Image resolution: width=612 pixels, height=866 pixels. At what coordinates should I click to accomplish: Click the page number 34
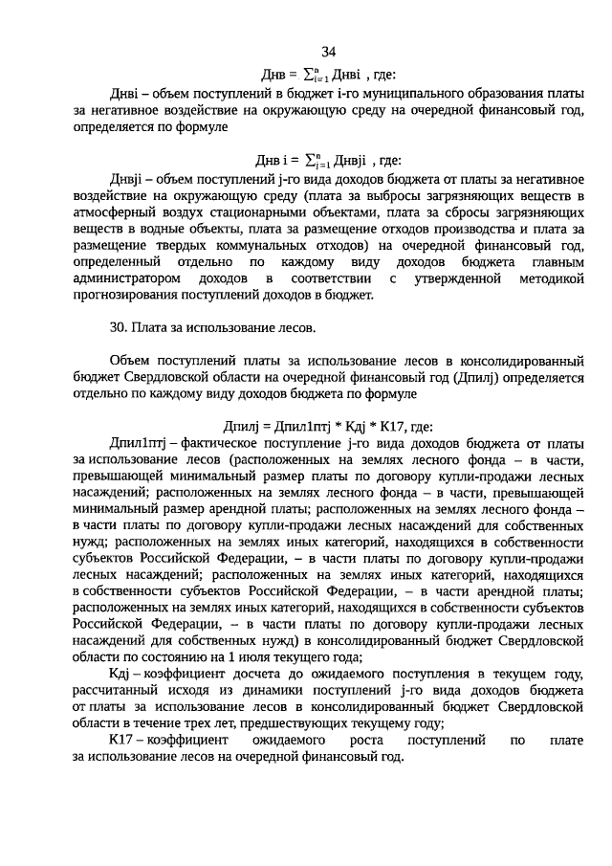click(328, 52)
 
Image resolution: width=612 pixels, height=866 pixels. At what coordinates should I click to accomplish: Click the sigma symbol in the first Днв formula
click(307, 74)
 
